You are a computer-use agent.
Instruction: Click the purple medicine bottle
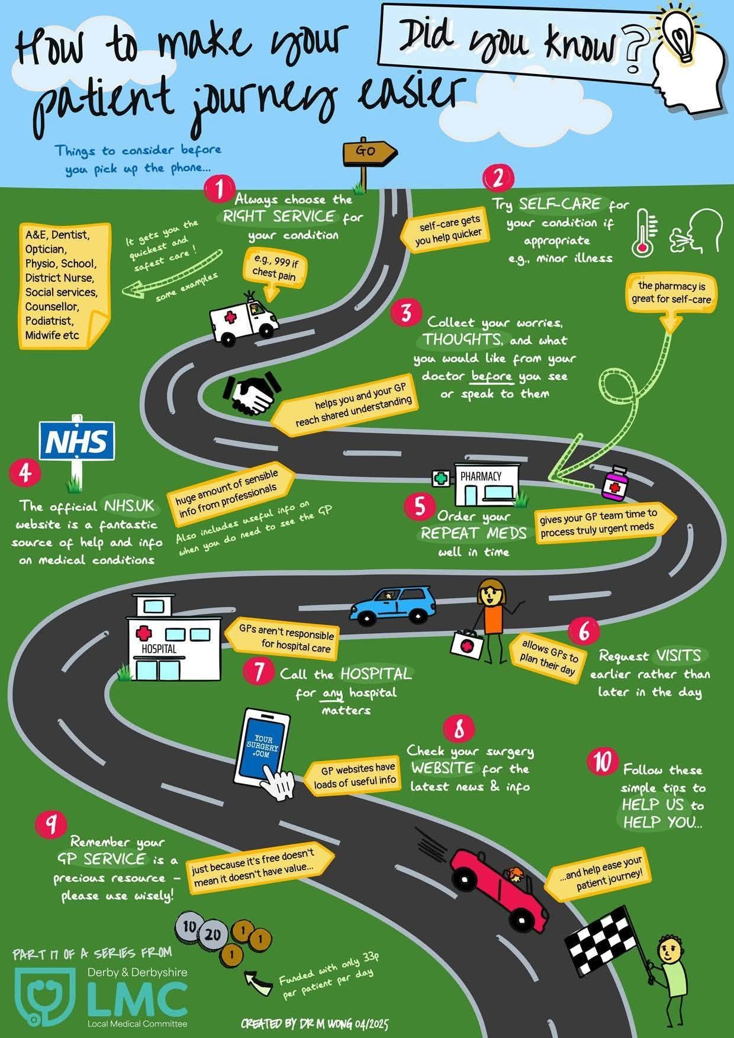pyautogui.click(x=616, y=483)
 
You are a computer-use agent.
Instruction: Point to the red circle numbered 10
pyautogui.click(x=603, y=762)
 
